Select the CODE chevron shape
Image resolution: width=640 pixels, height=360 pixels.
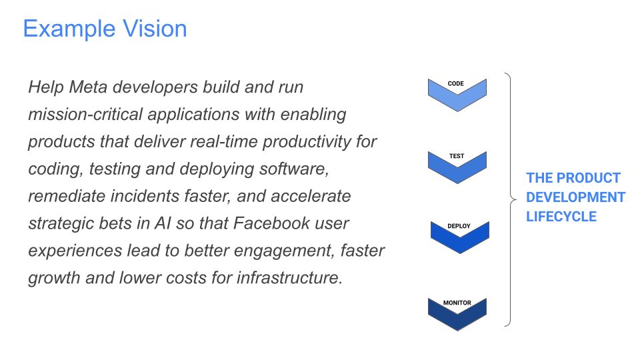click(457, 94)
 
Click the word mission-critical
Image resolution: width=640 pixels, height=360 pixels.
click(85, 114)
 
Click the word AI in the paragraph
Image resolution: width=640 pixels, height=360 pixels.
click(164, 223)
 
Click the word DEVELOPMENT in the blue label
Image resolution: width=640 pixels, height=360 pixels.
click(576, 197)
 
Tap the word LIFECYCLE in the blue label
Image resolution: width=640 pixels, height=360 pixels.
click(561, 217)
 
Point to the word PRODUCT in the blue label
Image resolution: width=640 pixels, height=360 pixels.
click(588, 178)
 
